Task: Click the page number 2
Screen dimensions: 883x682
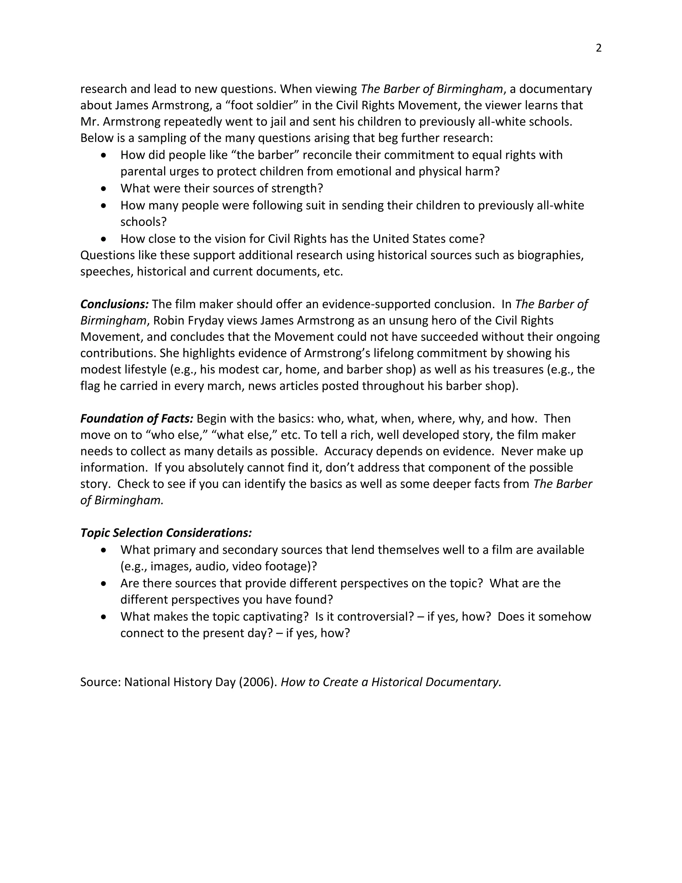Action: tap(598, 48)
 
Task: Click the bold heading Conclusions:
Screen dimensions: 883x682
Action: tap(114, 304)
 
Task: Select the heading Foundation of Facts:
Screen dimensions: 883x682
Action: tap(137, 419)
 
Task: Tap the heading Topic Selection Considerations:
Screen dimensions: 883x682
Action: tap(166, 533)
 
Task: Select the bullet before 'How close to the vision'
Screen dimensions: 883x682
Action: tap(104, 239)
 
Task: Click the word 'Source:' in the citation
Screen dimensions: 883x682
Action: tap(101, 682)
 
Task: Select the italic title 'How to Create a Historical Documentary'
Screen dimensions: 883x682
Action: tap(391, 682)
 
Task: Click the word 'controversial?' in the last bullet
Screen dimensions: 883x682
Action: tap(375, 616)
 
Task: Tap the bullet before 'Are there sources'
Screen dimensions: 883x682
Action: tap(104, 583)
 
